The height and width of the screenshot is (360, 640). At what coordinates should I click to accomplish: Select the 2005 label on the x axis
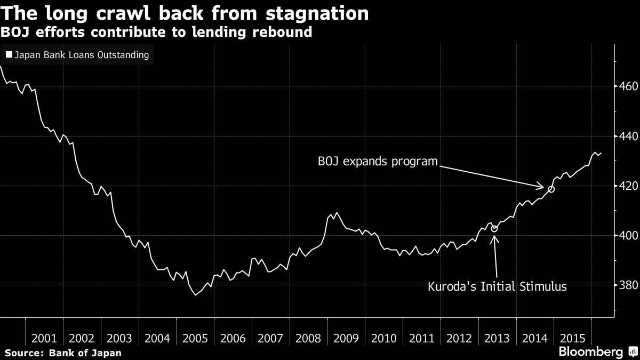tap(195, 338)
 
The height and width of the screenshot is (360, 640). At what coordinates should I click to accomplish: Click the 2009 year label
tap(346, 338)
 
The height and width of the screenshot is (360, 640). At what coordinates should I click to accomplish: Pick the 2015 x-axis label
tap(572, 338)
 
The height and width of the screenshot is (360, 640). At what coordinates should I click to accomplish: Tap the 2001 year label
tap(44, 338)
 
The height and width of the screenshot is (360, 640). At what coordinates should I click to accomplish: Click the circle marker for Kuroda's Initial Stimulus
tap(494, 229)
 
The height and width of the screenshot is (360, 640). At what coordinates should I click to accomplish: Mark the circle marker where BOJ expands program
tap(551, 189)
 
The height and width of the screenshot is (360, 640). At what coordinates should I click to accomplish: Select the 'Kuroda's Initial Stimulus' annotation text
tap(497, 287)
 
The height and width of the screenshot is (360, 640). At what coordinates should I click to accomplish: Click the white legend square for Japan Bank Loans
tap(9, 55)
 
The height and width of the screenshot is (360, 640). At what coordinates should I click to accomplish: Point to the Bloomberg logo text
tap(590, 351)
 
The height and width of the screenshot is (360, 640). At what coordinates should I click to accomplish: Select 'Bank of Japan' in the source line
tap(85, 353)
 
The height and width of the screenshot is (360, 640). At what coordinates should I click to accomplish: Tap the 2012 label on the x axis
tap(459, 338)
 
